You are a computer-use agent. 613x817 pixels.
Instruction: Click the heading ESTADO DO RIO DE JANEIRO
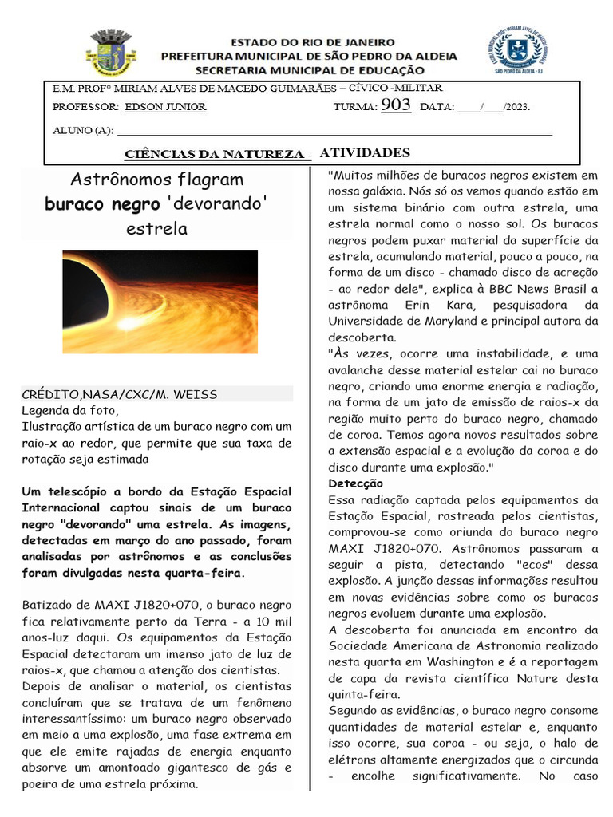312,41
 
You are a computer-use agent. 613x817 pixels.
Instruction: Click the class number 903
396,105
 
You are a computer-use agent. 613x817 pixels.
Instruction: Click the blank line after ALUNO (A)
335,130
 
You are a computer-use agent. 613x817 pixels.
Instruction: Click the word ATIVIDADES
365,153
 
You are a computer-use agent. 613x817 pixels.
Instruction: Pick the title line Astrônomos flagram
157,179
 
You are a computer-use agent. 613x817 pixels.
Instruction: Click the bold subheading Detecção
356,483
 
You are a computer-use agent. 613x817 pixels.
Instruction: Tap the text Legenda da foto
69,411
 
